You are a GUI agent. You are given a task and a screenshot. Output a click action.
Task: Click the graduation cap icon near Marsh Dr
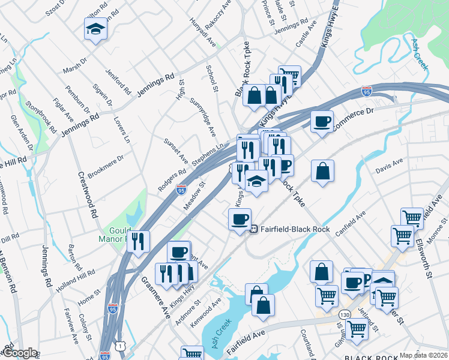[95, 29]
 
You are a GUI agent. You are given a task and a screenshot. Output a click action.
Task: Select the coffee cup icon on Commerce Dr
[322, 122]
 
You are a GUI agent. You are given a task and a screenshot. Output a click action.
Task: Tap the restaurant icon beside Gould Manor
[138, 241]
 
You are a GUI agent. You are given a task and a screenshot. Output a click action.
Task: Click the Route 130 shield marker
[344, 314]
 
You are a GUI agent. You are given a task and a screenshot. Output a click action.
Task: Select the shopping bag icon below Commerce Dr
[322, 172]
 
